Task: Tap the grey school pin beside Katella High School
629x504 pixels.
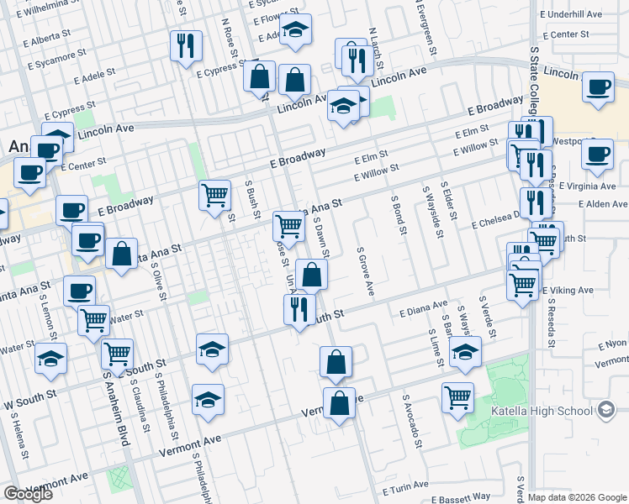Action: pyautogui.click(x=605, y=412)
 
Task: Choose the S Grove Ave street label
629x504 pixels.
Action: pyautogui.click(x=364, y=271)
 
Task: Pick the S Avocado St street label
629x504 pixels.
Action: pyautogui.click(x=410, y=420)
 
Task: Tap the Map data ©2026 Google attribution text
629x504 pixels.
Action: pyautogui.click(x=577, y=497)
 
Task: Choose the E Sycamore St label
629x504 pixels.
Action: pyautogui.click(x=57, y=60)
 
